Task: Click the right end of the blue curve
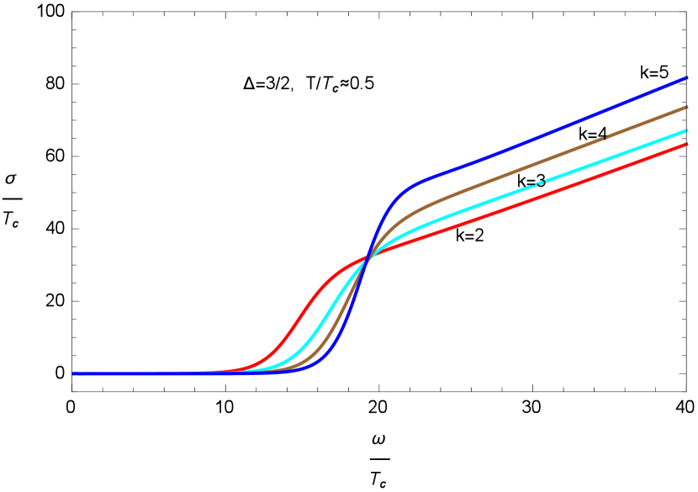coord(687,77)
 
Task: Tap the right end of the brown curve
coord(687,107)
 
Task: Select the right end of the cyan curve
coord(687,130)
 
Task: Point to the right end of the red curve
coord(687,144)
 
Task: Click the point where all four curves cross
coord(366,258)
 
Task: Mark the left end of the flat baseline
coord(74,373)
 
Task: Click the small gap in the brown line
coord(603,138)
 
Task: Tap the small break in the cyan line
coord(539,182)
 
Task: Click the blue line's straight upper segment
coord(547,135)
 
